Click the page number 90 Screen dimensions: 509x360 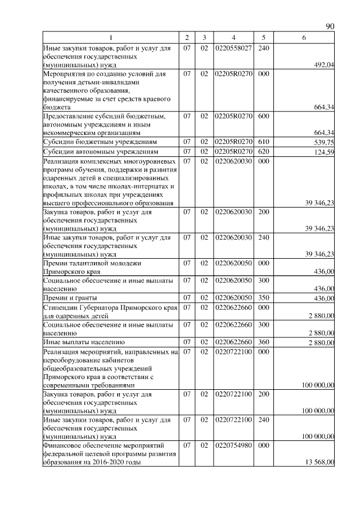[330, 26]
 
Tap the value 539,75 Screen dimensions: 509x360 [323, 142]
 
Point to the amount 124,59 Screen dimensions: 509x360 [323, 152]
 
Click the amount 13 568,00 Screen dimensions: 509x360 [320, 462]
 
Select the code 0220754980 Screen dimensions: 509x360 [233, 445]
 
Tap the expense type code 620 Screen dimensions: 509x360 [263, 152]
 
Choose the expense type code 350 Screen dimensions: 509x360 [263, 297]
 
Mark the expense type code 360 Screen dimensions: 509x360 [263, 341]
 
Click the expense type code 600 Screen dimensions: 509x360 [263, 115]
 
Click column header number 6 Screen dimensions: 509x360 [304, 38]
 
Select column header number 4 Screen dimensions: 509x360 [233, 38]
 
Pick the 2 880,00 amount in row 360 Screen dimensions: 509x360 [321, 342]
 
